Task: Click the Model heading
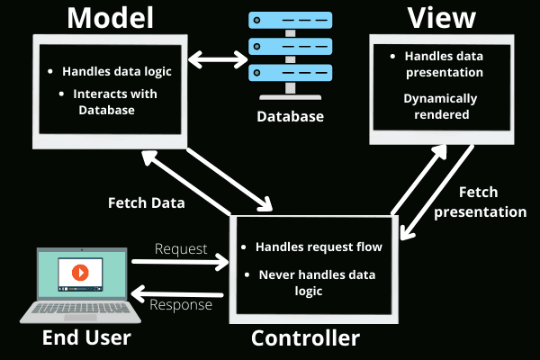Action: coord(110,18)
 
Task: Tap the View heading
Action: coord(442,17)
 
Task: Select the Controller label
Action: coord(305,338)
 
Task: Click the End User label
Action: coord(86,337)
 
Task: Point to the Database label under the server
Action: coord(291,116)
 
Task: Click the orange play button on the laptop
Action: coord(80,272)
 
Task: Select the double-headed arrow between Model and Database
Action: coord(218,59)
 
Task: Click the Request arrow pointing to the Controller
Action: coord(180,263)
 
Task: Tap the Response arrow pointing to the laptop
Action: coord(177,294)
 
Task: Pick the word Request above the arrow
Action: coord(181,248)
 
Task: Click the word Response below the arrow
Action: coord(181,305)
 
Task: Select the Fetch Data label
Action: coord(147,202)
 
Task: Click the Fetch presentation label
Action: coord(480,202)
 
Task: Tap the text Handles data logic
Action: coord(117,72)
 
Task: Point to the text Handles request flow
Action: coord(319,247)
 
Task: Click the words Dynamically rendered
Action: coord(441,106)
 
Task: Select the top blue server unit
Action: coord(291,21)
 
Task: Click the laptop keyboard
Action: coord(80,308)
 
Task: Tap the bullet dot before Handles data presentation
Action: coord(392,56)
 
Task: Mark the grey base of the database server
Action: coord(291,97)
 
